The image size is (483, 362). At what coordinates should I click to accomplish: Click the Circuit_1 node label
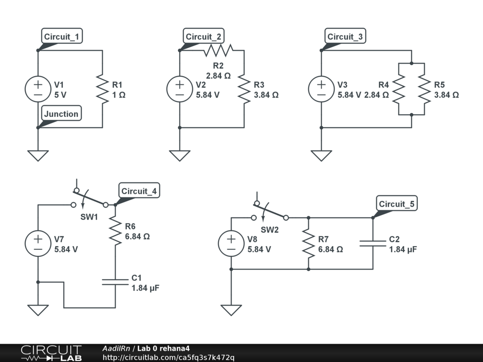61,37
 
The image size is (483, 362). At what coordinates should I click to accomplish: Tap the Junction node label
61,114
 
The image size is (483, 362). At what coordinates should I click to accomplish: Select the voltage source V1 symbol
38,89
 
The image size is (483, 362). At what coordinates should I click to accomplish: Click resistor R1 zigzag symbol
102,89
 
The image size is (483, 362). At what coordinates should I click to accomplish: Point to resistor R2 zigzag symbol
218,50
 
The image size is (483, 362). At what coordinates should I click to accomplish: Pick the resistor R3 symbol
244,89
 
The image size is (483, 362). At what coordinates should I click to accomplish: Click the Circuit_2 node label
205,37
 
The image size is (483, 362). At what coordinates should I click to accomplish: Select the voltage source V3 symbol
321,89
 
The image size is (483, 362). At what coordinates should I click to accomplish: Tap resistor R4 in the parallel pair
399,89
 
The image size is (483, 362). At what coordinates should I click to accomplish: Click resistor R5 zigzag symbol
425,89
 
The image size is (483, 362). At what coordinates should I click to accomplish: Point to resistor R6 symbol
116,231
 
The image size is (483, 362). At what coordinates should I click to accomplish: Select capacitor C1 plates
116,282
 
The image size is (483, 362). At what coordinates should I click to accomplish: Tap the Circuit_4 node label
139,191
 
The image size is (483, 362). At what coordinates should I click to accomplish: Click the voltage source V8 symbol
231,244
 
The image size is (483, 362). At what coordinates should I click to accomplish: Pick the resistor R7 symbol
308,244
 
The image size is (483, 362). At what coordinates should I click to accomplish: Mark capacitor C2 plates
373,244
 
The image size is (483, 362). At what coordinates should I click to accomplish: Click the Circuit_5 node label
397,204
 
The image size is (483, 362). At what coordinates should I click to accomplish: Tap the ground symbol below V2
180,155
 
